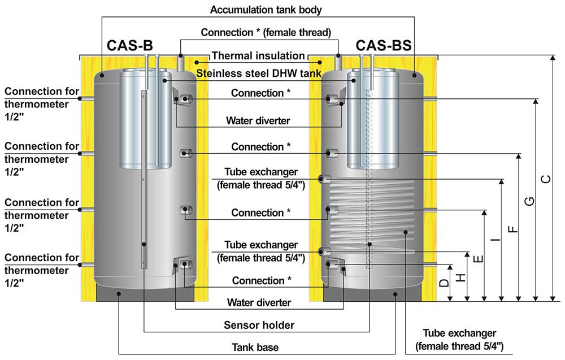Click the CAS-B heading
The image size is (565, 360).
(130, 46)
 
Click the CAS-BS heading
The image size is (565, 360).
(384, 46)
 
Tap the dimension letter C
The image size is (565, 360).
(546, 179)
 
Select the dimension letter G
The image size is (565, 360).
(529, 201)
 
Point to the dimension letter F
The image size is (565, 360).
(512, 229)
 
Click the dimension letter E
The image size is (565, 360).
(478, 259)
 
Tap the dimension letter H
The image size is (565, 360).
(461, 277)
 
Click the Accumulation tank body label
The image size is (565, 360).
(266, 10)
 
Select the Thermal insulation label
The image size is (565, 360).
(258, 56)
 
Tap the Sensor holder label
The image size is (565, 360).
(259, 325)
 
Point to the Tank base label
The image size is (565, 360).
(255, 348)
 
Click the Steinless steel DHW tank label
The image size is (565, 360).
(259, 73)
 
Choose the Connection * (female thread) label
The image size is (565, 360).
(266, 32)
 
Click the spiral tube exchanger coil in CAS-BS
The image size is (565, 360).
(372, 216)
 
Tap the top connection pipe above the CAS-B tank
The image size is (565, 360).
(181, 63)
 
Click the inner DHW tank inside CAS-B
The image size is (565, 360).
(145, 119)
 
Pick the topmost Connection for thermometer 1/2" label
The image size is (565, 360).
(41, 104)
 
